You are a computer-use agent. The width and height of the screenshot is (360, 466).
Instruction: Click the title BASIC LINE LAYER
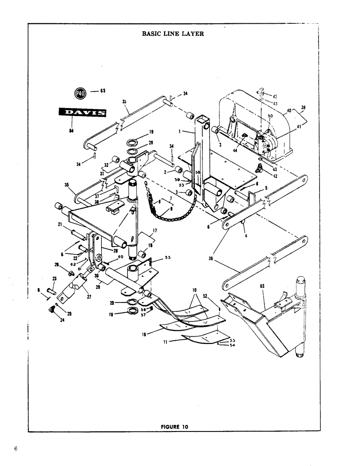172,34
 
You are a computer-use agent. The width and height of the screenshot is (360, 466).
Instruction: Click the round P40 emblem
81,92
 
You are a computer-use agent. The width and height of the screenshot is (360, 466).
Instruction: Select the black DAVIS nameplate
81,112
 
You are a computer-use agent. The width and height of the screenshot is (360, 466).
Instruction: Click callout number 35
66,185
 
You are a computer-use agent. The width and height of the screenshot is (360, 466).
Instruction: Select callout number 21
60,224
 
